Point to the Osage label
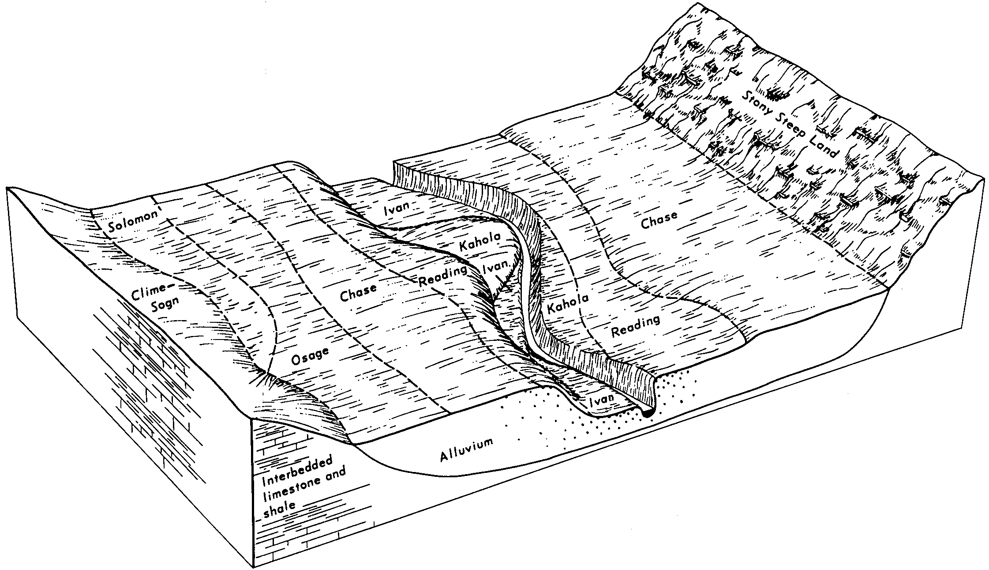(311, 357)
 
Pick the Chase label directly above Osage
(358, 293)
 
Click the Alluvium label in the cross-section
(466, 450)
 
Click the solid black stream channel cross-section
(647, 414)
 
